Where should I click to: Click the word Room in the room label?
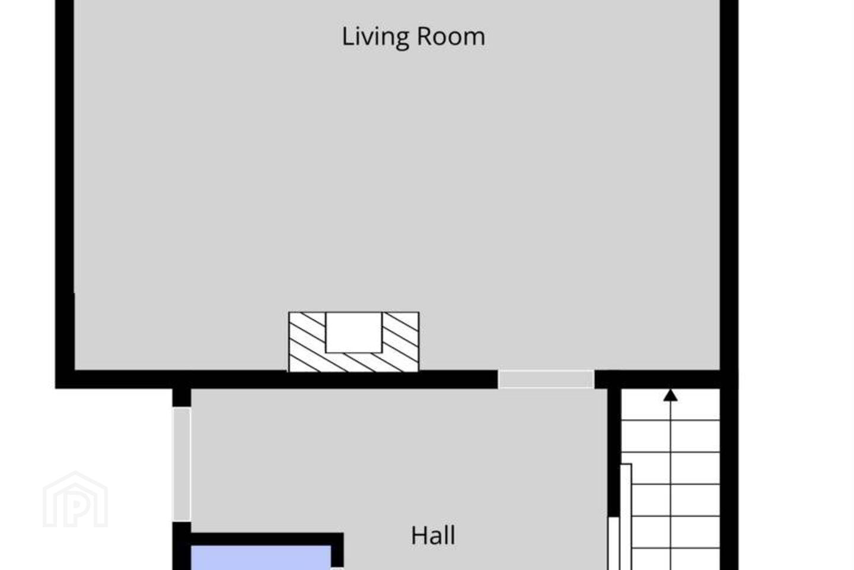451,37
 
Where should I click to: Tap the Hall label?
433,535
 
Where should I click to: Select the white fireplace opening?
353,332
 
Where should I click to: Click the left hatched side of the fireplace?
307,341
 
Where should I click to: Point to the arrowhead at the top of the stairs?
670,395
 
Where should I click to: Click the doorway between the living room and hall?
546,379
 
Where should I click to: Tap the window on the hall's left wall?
181,464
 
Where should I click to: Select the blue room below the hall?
261,558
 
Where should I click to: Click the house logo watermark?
75,499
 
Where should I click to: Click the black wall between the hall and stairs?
614,452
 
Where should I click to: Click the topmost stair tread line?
671,420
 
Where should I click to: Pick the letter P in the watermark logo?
77,505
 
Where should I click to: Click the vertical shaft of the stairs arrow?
670,486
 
